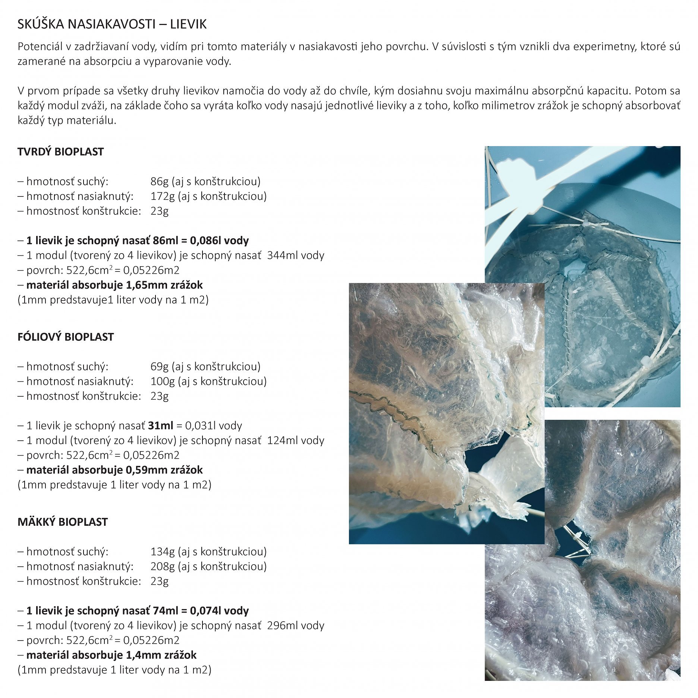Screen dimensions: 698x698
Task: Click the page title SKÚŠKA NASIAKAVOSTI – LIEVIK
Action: [112, 24]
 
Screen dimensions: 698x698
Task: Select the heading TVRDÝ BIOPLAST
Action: [60, 152]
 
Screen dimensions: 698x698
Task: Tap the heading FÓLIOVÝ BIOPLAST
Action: [65, 337]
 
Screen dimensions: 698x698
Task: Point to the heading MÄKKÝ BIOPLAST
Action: [62, 522]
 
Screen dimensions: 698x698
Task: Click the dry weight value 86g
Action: [159, 181]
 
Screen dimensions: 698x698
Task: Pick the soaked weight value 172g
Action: [162, 196]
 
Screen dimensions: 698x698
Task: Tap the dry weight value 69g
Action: [159, 366]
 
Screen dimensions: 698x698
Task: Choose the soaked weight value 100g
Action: [162, 381]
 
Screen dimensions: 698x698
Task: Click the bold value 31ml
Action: [160, 425]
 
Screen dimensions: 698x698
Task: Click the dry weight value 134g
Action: [162, 551]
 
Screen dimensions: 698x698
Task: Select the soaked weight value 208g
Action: [162, 566]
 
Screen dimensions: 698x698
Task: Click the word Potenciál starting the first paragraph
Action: [40, 47]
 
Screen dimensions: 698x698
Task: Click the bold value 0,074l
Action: [205, 610]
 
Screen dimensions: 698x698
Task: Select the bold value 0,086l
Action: [205, 240]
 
